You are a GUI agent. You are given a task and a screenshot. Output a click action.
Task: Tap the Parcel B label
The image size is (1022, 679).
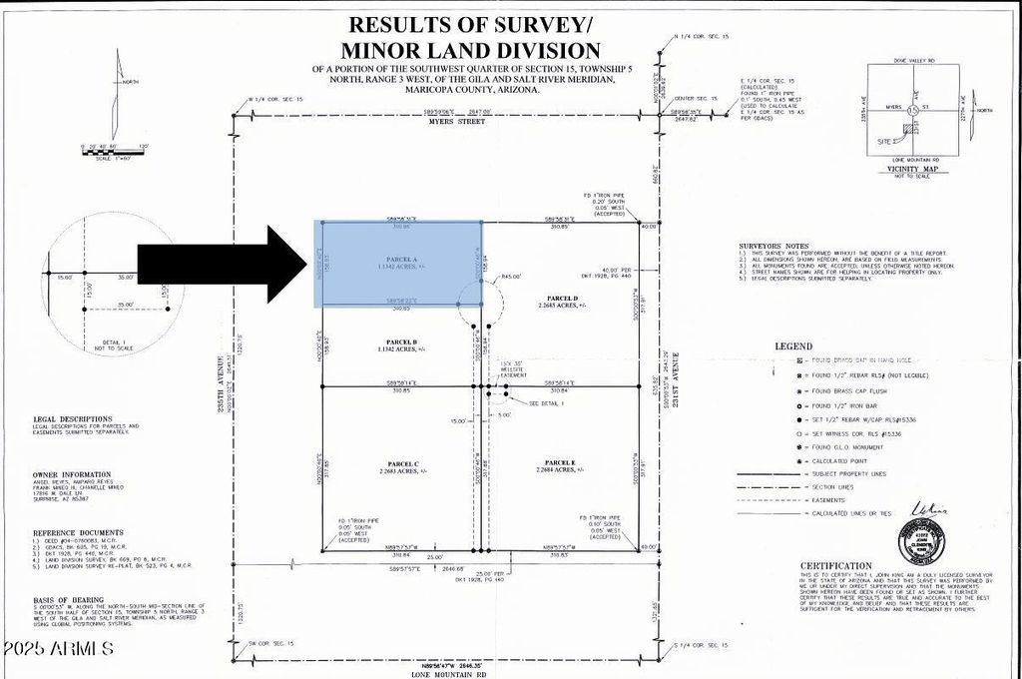400,340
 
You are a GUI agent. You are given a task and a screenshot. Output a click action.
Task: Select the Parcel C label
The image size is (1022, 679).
401,462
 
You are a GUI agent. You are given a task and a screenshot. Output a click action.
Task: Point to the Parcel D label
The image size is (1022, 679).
562,298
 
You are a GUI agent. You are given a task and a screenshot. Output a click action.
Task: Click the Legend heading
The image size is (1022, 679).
794,346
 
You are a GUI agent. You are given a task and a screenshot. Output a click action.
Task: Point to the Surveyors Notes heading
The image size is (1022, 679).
774,245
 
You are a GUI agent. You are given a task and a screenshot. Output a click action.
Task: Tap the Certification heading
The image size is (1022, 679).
834,564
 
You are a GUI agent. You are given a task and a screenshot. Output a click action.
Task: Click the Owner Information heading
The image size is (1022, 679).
71,475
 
